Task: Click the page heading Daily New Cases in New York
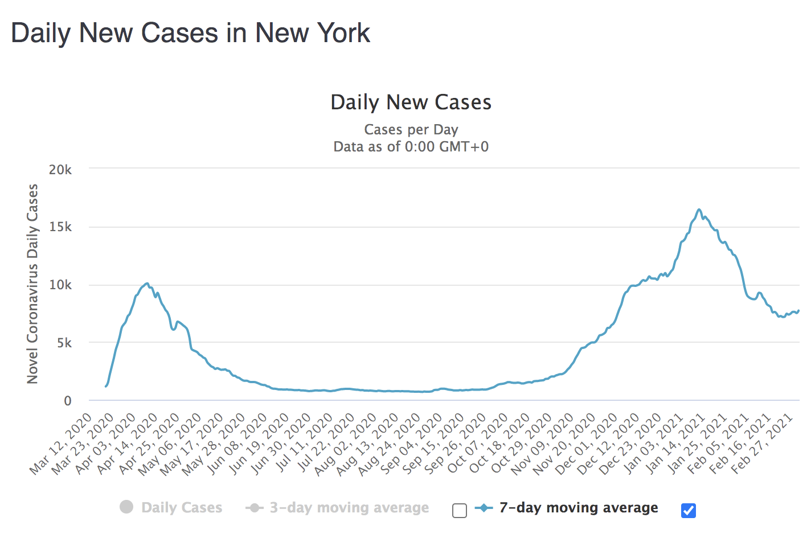(x=190, y=33)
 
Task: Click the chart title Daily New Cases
(x=411, y=102)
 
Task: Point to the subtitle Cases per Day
(x=411, y=130)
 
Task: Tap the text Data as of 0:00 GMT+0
(x=411, y=147)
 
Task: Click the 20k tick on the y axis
(x=60, y=170)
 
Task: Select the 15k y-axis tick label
(x=60, y=227)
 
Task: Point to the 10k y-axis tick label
(x=60, y=285)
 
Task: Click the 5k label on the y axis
(x=64, y=343)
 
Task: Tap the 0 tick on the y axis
(x=68, y=401)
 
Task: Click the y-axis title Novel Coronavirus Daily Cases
(x=32, y=284)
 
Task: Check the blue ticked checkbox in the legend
(x=689, y=511)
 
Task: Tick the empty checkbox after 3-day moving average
(x=460, y=511)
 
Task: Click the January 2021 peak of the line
(x=699, y=210)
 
